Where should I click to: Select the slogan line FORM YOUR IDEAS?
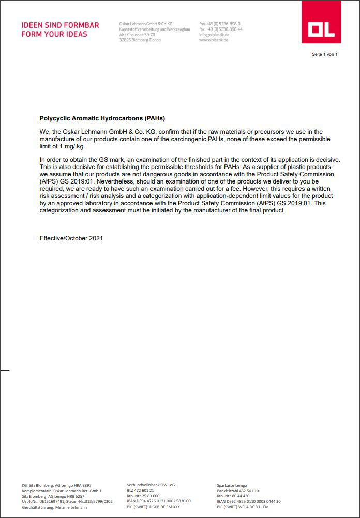click(x=54, y=34)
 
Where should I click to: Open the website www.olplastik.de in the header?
click(x=214, y=40)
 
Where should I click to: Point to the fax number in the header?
click(x=221, y=29)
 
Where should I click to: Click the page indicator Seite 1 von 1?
click(x=324, y=54)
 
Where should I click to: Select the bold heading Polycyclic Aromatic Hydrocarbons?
click(x=102, y=118)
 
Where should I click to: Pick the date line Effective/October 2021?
click(x=71, y=238)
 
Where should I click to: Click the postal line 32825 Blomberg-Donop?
click(x=140, y=40)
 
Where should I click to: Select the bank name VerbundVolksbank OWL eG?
click(x=151, y=485)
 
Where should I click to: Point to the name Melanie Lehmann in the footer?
click(x=69, y=507)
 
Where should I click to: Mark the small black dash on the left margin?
click(x=5, y=370)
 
